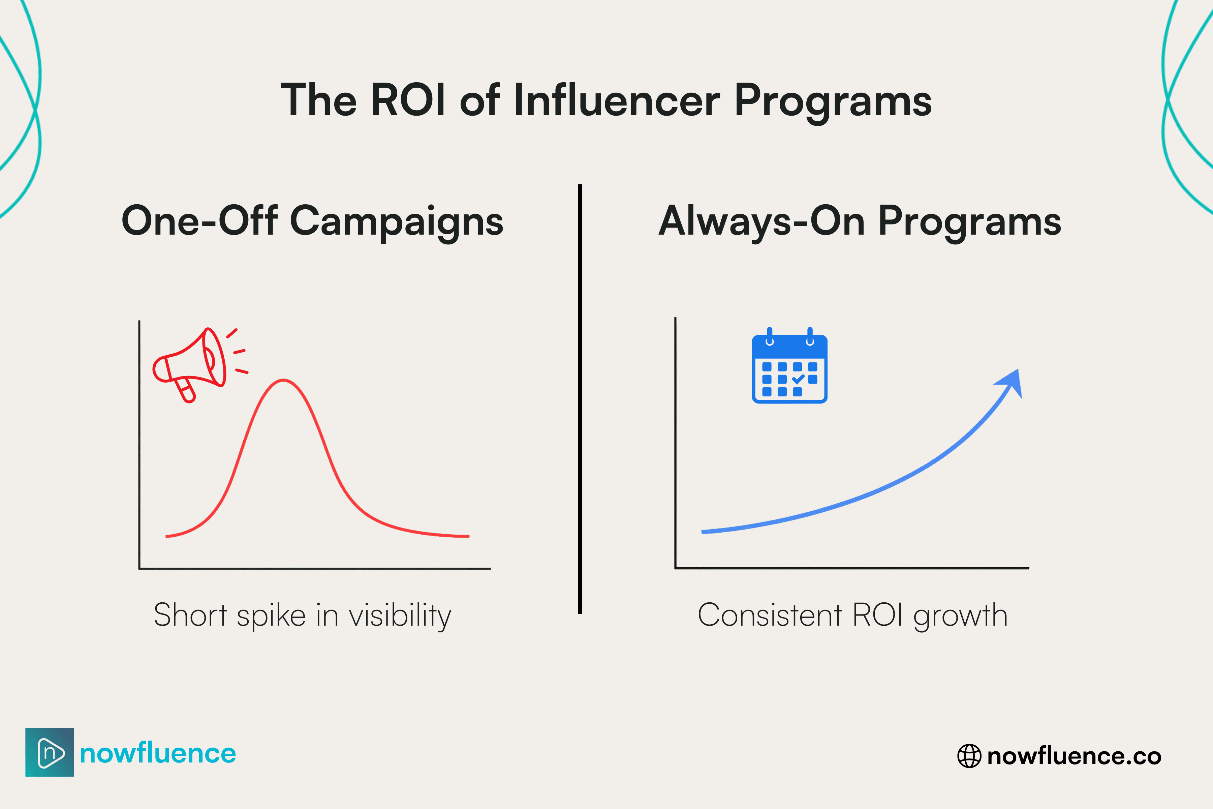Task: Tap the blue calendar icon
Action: (x=789, y=367)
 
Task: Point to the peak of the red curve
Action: (x=283, y=381)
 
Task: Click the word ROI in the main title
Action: (x=407, y=100)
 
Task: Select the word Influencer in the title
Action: (x=616, y=100)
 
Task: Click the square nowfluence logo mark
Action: (x=50, y=752)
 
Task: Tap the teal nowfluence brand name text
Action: (x=158, y=753)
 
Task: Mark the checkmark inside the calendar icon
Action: (x=798, y=379)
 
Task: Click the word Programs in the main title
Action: (x=832, y=100)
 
